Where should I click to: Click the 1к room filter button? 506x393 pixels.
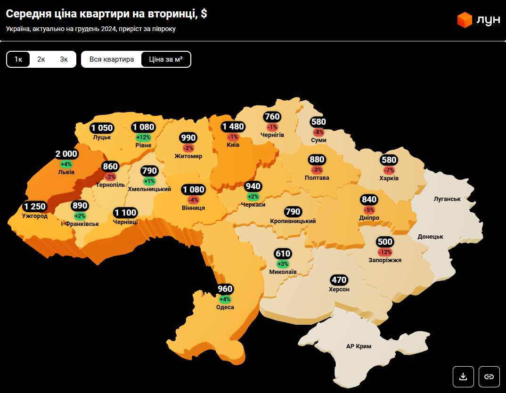(x=18, y=59)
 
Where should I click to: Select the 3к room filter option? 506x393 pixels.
(x=64, y=59)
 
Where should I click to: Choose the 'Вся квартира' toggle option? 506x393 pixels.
(x=112, y=59)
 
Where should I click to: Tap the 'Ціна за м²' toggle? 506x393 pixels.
(x=166, y=59)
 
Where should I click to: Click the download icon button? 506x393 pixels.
(x=463, y=376)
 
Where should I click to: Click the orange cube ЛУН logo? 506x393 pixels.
(x=465, y=20)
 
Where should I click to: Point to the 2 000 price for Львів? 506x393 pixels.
(x=66, y=154)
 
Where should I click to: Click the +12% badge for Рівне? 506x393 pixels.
(x=143, y=137)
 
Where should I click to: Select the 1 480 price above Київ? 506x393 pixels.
(x=233, y=127)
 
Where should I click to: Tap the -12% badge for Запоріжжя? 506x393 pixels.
(x=385, y=252)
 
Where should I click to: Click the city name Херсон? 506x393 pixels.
(x=339, y=289)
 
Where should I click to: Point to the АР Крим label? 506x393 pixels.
(x=359, y=346)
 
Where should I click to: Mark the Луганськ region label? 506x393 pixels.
(x=447, y=199)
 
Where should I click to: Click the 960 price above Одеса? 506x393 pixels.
(x=225, y=289)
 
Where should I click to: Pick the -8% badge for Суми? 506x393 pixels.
(x=319, y=132)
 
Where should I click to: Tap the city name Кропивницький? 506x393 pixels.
(x=293, y=221)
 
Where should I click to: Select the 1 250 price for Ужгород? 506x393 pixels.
(x=35, y=207)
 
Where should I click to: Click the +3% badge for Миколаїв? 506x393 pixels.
(x=283, y=264)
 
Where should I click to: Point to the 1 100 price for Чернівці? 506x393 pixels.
(x=125, y=212)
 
